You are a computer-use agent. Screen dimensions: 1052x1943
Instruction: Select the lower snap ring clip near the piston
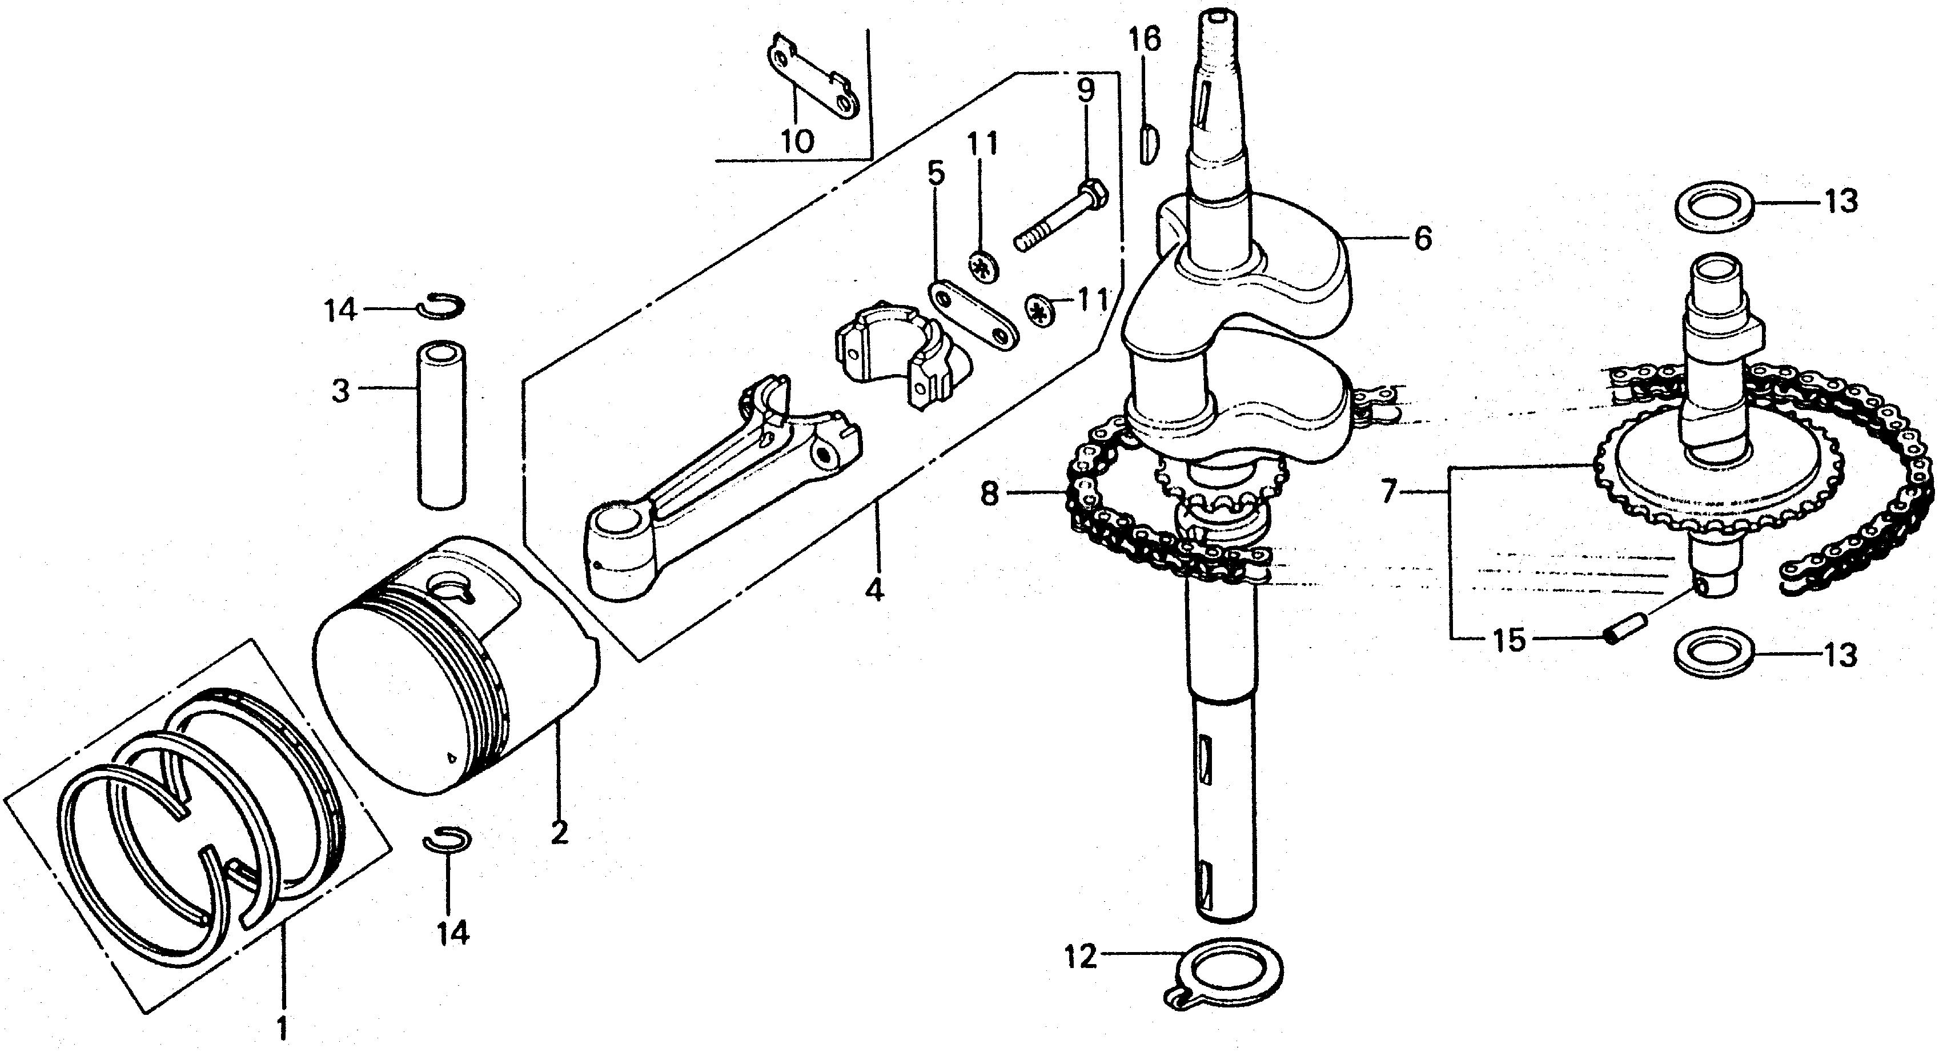(x=447, y=840)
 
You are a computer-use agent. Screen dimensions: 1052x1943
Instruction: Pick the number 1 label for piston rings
(x=283, y=1027)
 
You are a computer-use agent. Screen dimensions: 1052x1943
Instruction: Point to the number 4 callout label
(x=873, y=591)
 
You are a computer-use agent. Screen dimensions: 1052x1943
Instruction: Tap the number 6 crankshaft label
(x=1422, y=239)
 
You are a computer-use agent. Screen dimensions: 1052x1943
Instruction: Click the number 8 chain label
(x=990, y=494)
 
